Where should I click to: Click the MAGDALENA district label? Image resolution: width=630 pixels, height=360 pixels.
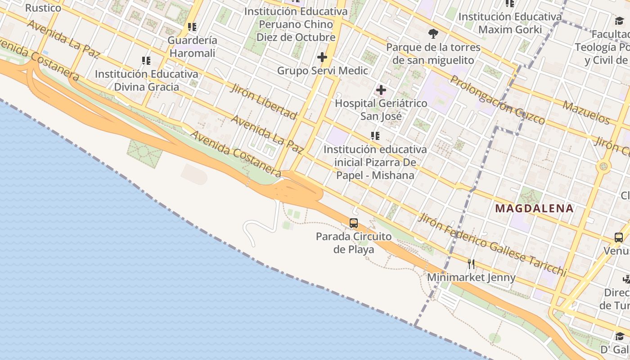click(534, 208)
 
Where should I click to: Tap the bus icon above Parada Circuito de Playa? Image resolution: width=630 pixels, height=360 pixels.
click(354, 223)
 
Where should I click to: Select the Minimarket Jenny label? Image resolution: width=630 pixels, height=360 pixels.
click(471, 277)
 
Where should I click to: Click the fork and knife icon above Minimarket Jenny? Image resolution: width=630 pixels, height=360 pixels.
click(471, 264)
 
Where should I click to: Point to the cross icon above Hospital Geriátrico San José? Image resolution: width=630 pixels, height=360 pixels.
click(381, 90)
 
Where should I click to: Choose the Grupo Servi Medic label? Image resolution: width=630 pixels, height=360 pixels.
click(322, 71)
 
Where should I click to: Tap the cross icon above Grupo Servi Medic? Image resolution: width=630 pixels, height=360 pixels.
click(322, 57)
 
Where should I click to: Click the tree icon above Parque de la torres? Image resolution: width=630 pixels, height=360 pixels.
click(433, 33)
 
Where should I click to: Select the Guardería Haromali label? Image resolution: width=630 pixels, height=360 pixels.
click(192, 47)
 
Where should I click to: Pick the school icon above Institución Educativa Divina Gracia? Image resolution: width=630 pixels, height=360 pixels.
click(146, 60)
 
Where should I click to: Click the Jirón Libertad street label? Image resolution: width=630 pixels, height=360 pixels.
click(264, 101)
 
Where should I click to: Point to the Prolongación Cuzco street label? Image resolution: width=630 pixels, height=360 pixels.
click(497, 100)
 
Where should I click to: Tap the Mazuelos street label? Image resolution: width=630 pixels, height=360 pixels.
click(586, 112)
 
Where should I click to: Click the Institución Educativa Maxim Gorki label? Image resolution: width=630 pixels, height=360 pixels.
click(510, 23)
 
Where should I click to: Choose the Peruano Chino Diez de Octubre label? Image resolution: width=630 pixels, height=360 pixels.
click(296, 24)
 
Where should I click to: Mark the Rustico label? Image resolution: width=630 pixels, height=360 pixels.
click(43, 8)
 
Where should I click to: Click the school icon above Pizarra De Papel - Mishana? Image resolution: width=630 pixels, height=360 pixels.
click(375, 135)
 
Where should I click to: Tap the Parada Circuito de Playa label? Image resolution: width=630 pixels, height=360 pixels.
click(354, 243)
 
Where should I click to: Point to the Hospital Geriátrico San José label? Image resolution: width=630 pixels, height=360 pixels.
click(381, 110)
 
